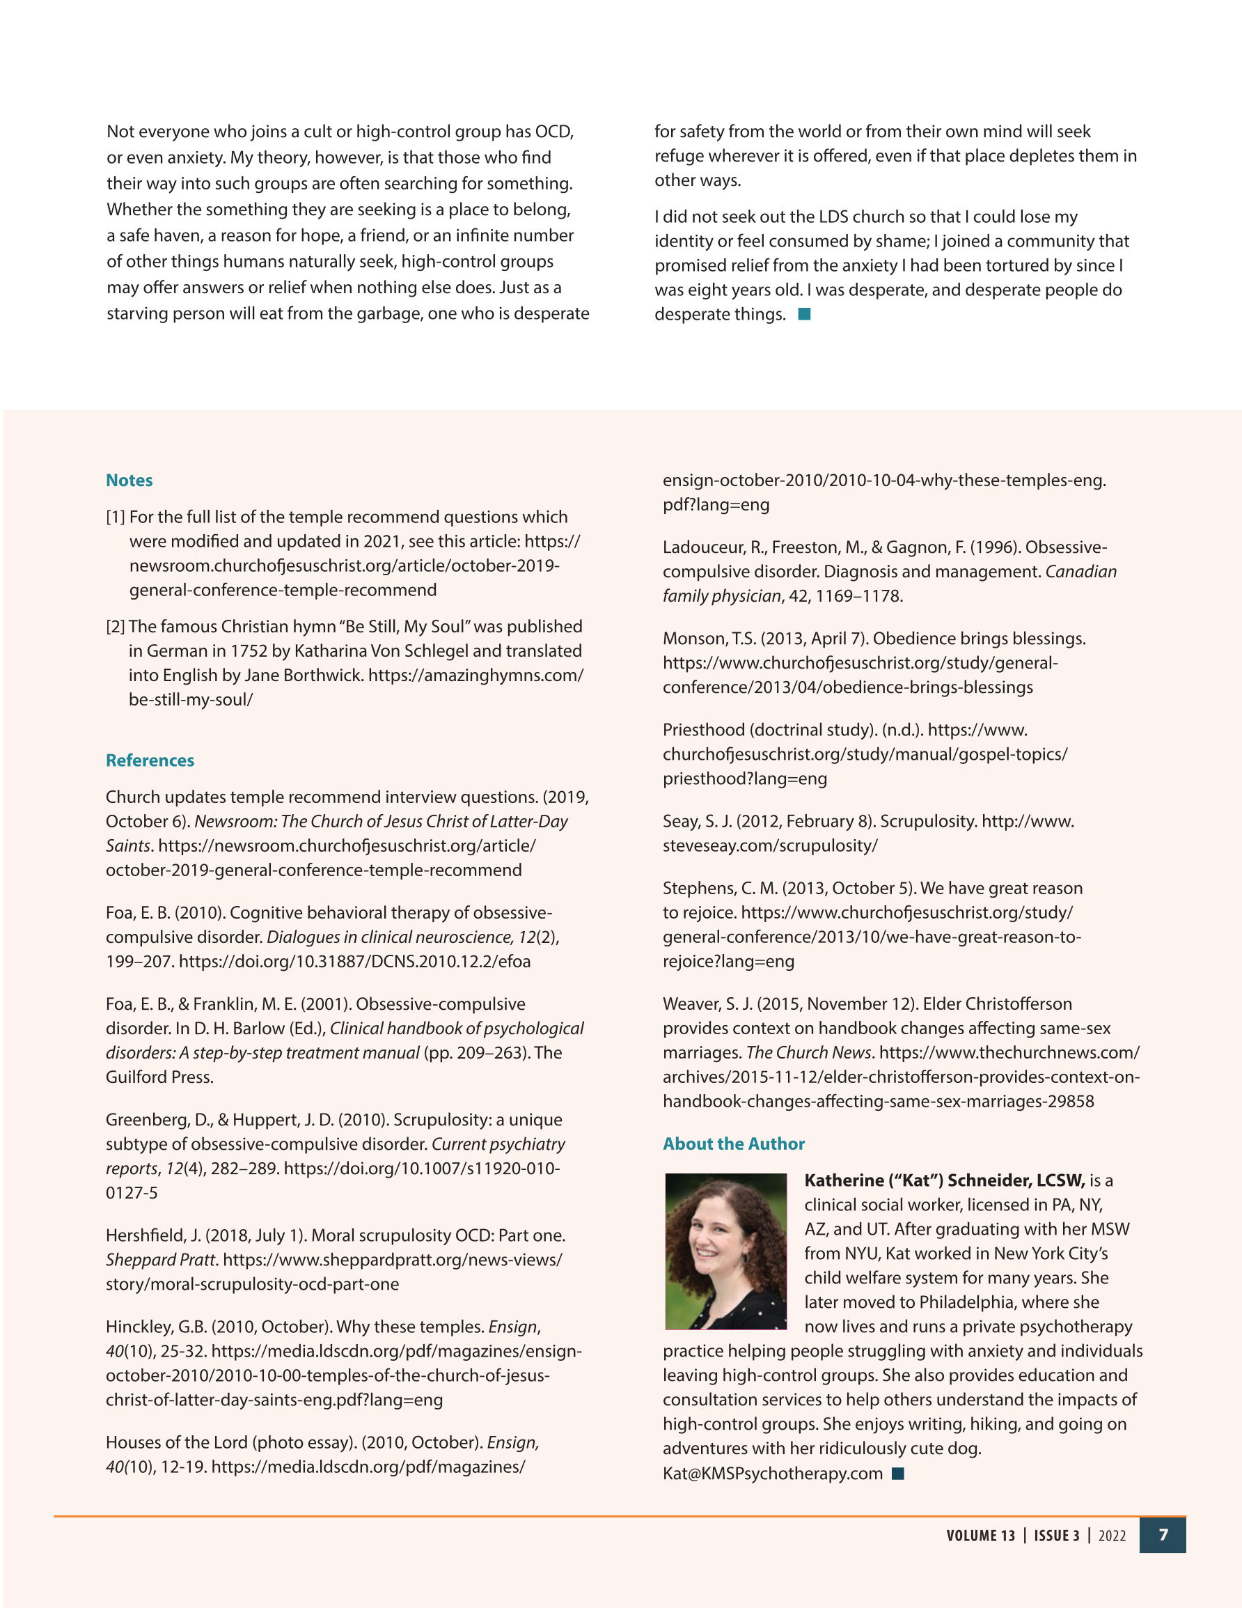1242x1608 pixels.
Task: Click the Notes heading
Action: click(129, 480)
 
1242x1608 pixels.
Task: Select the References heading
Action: click(150, 760)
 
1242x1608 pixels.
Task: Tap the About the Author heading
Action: click(733, 1143)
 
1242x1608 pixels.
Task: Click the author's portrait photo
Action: click(725, 1251)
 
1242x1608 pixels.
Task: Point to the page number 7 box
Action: click(1163, 1535)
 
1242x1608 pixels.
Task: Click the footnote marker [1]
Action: click(115, 517)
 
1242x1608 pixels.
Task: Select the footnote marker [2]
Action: click(115, 627)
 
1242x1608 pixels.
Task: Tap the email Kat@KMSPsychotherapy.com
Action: click(772, 1474)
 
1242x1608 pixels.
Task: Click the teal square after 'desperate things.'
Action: click(805, 314)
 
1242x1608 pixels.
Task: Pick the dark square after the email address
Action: click(897, 1474)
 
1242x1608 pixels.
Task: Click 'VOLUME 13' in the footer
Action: click(980, 1536)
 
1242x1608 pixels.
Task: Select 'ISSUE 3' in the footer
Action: click(1057, 1536)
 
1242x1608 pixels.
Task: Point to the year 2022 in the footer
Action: click(1112, 1536)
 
